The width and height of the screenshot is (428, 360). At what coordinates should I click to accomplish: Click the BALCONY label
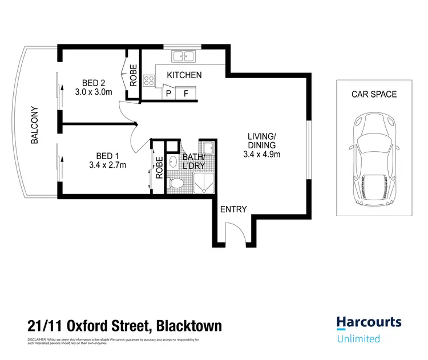tap(34, 125)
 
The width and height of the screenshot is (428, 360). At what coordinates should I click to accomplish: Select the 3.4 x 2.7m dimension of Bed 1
tap(107, 165)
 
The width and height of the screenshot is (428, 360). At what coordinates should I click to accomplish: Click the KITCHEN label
tap(184, 75)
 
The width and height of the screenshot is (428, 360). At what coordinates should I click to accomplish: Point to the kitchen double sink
tap(184, 56)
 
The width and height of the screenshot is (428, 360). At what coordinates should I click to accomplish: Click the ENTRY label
tap(234, 209)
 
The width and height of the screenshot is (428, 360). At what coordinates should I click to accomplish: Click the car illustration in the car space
tap(374, 158)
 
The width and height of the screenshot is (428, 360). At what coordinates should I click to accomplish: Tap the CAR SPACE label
tap(374, 94)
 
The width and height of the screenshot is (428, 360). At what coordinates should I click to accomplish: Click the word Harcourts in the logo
tap(368, 322)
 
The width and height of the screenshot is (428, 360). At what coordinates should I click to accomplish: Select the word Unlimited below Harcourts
tap(358, 338)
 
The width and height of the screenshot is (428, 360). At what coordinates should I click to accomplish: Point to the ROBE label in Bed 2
tap(133, 75)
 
